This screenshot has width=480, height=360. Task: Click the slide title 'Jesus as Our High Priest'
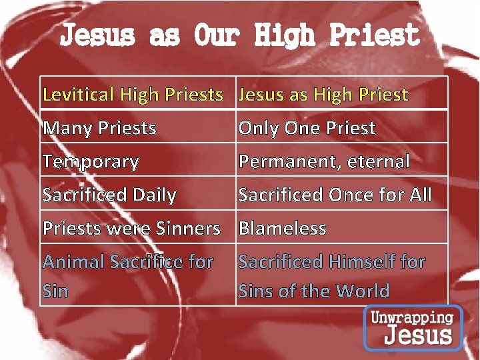240,35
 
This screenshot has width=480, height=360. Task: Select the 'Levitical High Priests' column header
133,94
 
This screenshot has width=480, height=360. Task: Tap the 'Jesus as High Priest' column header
323,94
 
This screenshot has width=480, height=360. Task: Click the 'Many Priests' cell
99,127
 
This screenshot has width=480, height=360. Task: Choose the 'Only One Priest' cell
307,127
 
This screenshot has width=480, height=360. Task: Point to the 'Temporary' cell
91,161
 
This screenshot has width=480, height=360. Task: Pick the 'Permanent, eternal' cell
324,161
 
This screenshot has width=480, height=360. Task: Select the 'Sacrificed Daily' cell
109,195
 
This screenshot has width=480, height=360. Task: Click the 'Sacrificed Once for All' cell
335,195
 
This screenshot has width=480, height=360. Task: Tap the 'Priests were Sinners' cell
131,228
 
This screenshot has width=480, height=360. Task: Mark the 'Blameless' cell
283,228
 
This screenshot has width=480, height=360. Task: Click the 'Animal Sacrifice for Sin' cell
128,276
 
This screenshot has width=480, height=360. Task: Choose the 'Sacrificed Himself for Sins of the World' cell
332,276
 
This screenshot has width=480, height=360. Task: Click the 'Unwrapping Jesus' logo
413,327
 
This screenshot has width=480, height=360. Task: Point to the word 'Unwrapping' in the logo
413,317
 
